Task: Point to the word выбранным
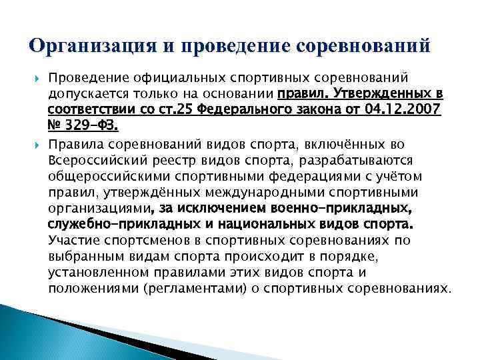point(83,256)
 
